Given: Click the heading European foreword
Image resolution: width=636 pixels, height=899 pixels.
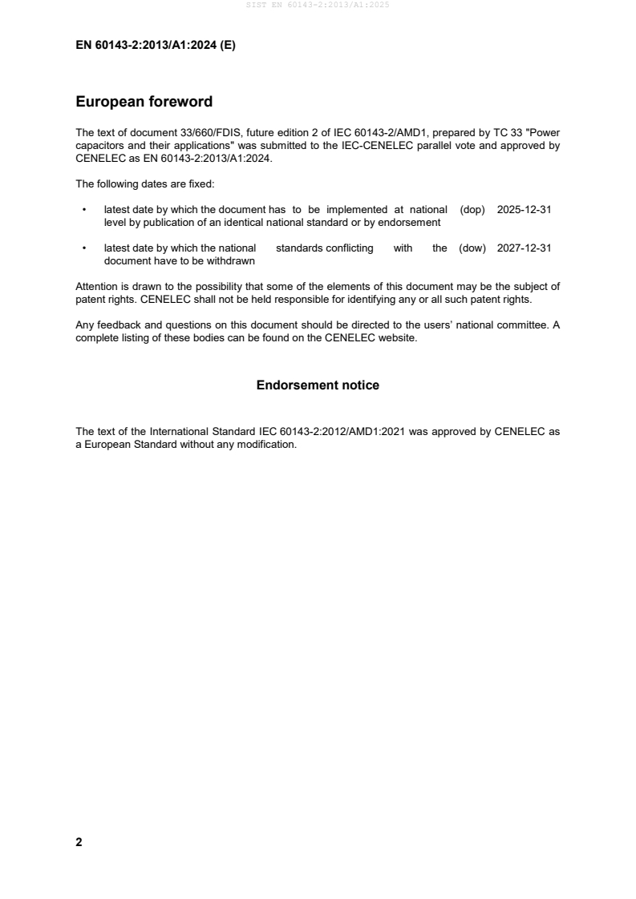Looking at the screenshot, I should coord(144,102).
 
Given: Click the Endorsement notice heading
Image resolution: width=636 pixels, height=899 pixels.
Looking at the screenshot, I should coord(318,385).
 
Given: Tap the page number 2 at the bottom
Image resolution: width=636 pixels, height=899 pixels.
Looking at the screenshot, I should coord(79,842).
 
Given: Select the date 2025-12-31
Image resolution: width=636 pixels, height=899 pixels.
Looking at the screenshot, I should coord(524,209).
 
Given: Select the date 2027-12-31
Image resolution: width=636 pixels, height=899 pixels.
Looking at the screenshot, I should coord(524,248).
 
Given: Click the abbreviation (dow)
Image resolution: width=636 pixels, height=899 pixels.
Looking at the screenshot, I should coord(472,248).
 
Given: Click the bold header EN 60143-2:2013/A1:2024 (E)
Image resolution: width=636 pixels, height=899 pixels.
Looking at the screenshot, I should coord(156,46).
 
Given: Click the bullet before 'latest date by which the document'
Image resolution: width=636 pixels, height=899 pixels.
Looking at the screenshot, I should coord(84,210).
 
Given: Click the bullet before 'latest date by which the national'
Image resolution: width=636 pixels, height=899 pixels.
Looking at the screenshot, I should coord(84,249).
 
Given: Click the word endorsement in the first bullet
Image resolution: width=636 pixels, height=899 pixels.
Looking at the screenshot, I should coord(411,222).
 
